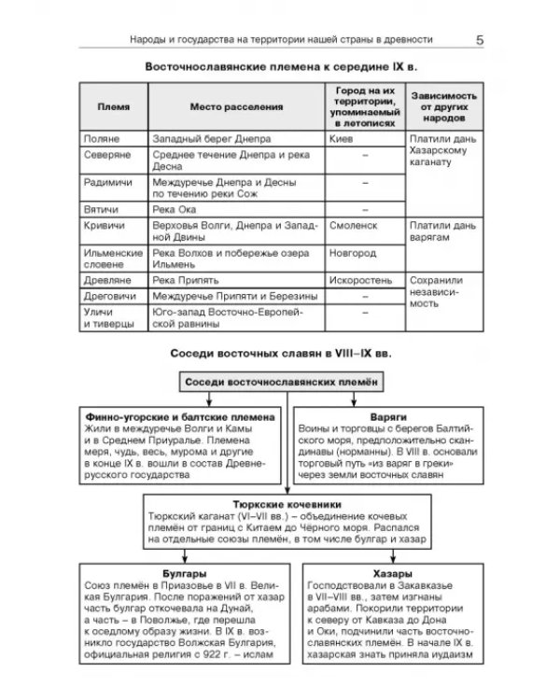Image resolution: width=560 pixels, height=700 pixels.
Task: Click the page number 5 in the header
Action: coord(479,40)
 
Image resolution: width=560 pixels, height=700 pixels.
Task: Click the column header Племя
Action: coord(108,108)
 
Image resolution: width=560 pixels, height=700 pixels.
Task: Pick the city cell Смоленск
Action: coord(353,226)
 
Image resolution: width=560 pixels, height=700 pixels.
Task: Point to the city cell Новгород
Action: coord(353,253)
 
